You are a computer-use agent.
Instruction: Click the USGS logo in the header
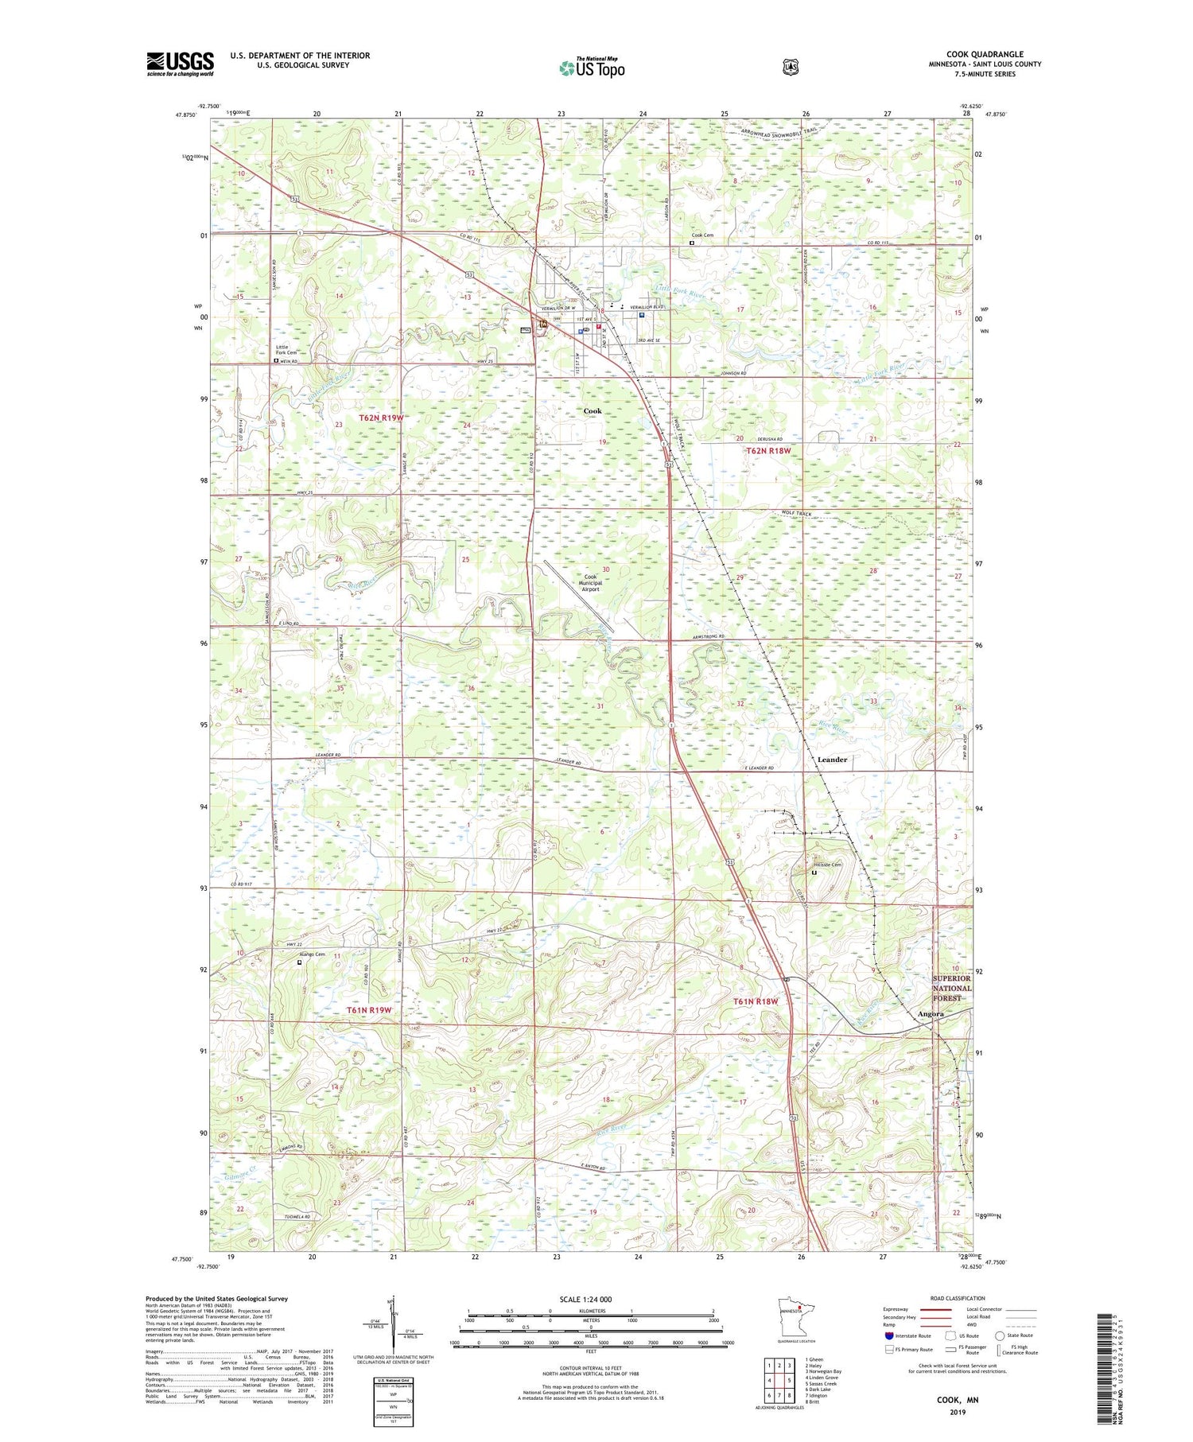[x=180, y=64]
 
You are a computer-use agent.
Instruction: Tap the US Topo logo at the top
[x=592, y=68]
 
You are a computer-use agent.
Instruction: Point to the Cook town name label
[x=593, y=411]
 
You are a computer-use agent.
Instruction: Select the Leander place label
[x=832, y=760]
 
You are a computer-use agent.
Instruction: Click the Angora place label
[x=930, y=1014]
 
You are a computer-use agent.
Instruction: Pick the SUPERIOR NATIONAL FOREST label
[x=951, y=988]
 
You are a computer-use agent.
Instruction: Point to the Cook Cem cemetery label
[x=702, y=235]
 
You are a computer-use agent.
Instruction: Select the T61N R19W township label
[x=369, y=1010]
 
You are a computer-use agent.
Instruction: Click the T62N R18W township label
[x=768, y=451]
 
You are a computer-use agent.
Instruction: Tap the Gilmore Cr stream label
[x=236, y=1173]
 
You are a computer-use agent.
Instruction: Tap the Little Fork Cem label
[x=286, y=350]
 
